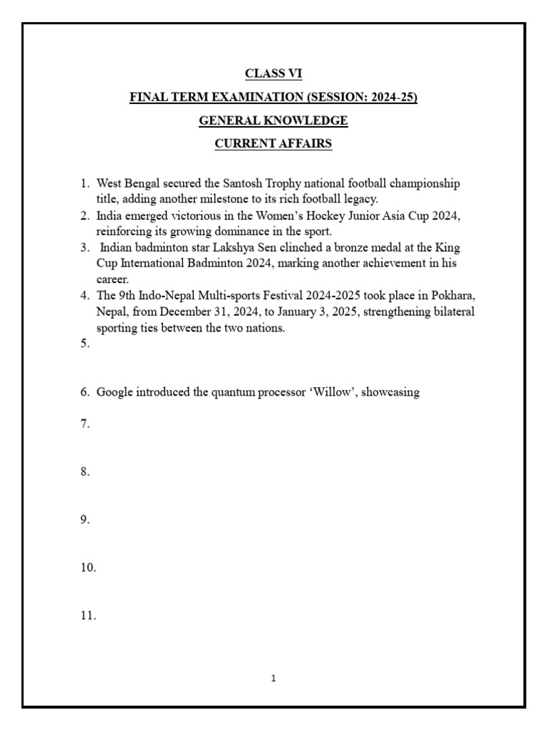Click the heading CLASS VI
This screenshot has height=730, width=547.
coord(273,74)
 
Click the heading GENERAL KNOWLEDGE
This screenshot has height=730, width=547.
coord(273,121)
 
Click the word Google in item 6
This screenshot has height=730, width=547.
coord(115,392)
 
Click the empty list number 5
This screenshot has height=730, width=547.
coord(85,344)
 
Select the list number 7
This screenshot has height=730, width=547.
coord(85,423)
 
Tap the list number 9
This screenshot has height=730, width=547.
coord(85,520)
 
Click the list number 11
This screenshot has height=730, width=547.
coord(88,616)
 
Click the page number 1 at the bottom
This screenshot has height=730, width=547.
coord(273,679)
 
